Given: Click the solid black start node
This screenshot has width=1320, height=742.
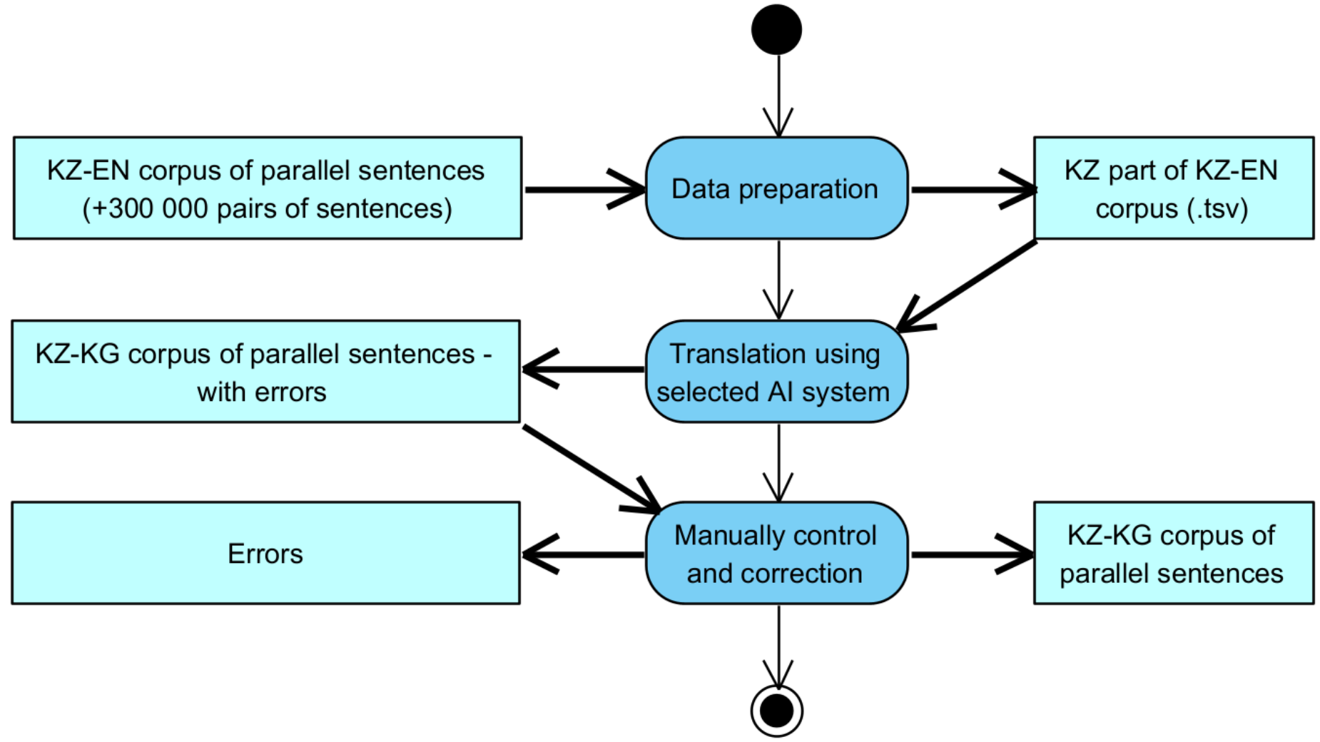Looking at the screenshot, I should (776, 30).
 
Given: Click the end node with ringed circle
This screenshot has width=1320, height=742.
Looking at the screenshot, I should (776, 711).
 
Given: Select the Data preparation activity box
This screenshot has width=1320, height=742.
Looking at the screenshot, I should (776, 188).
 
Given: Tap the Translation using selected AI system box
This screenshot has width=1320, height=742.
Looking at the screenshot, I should (776, 372).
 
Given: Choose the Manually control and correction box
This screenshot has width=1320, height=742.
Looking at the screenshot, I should (776, 554).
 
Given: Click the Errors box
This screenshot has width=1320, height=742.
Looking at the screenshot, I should (265, 554).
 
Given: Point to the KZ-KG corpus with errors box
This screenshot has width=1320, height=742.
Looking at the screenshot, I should (265, 372).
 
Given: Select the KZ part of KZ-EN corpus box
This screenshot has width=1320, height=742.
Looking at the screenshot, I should (1173, 188).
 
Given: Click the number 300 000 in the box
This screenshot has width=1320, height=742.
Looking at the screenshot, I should (150, 209).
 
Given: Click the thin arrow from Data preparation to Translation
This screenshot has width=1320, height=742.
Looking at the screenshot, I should (778, 278).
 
